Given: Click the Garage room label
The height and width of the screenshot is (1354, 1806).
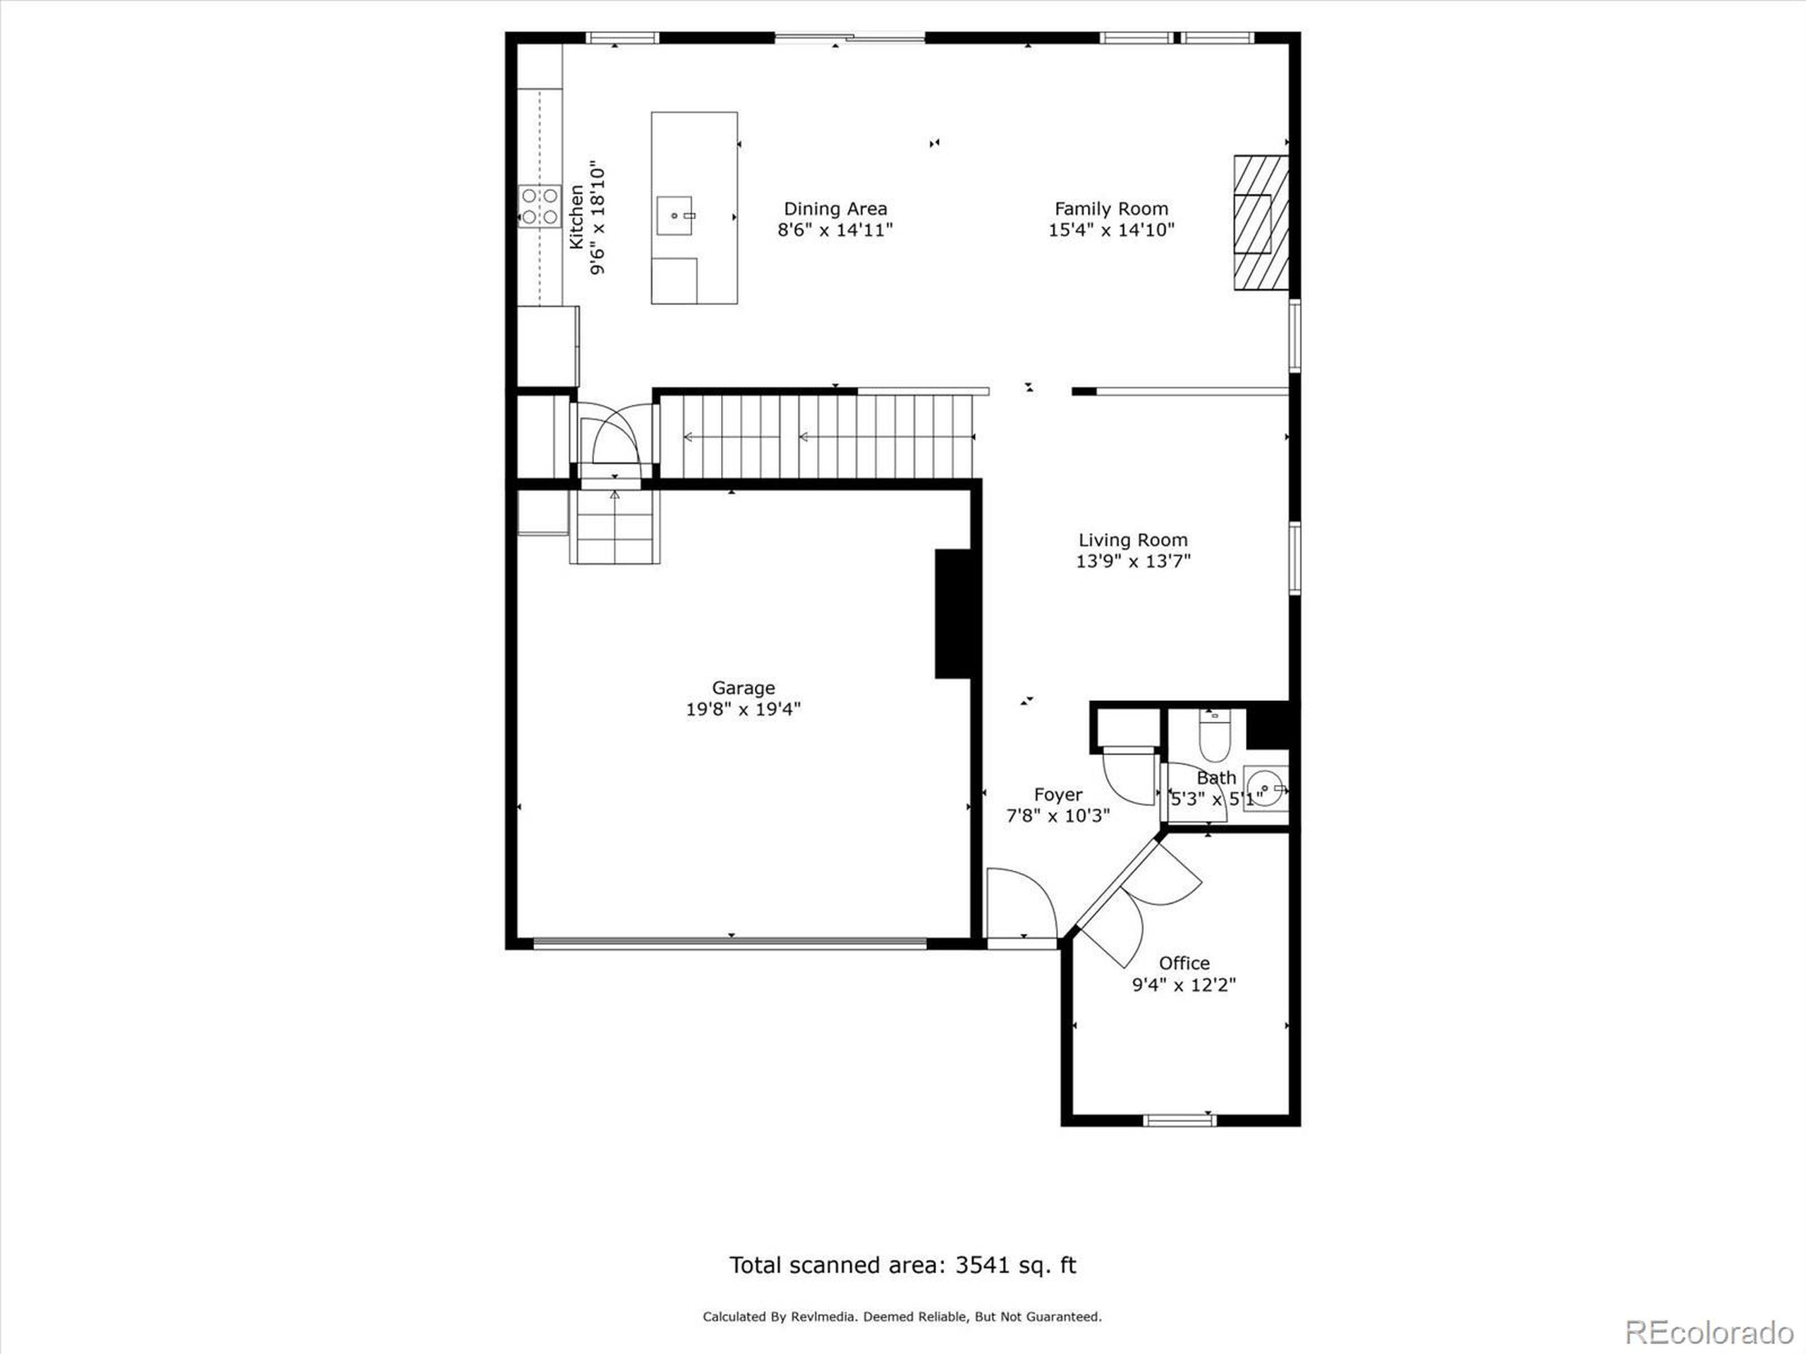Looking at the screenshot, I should tap(742, 688).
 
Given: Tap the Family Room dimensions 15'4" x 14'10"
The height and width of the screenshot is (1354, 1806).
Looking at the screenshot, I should tap(1110, 230).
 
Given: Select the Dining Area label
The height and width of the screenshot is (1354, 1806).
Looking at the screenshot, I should tap(835, 209).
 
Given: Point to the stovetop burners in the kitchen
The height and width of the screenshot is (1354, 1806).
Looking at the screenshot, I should tap(540, 206).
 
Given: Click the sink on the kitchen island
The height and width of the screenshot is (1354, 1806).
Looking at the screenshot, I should tap(675, 216).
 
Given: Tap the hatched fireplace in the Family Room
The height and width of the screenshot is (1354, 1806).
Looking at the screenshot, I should tap(1260, 223).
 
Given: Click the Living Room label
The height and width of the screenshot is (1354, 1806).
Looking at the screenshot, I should tap(1132, 539).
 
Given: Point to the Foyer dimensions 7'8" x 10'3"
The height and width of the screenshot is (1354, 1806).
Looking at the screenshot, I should tap(1057, 815).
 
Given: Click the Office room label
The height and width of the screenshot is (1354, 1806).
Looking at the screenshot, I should tap(1184, 963).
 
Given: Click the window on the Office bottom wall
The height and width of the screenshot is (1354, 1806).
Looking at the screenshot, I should tap(1179, 1121).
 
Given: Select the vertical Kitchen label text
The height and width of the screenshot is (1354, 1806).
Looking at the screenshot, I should tap(576, 217).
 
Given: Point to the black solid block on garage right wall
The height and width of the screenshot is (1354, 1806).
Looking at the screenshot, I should tap(952, 614).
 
